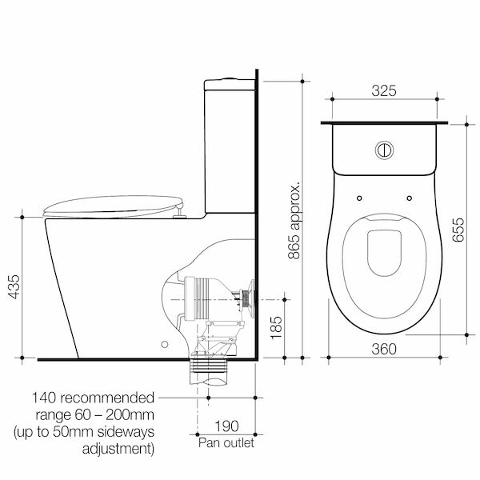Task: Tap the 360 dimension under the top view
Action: click(386, 348)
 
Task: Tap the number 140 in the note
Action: click(47, 398)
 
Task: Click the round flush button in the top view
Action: click(384, 149)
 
